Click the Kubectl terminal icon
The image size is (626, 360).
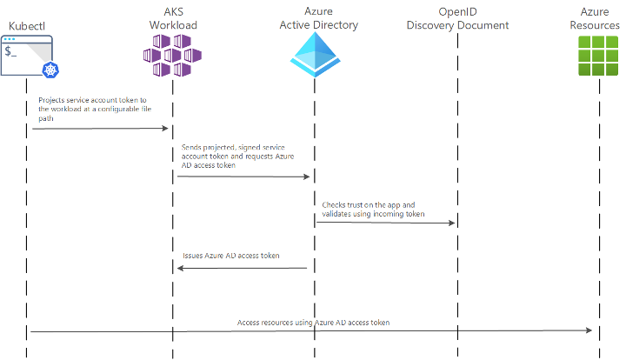tap(27, 56)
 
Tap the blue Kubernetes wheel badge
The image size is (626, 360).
tap(50, 70)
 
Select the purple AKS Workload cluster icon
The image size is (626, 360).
tap(172, 56)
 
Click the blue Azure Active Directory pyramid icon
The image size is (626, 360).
tap(315, 54)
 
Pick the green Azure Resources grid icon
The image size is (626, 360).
tap(598, 56)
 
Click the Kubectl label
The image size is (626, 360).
tap(27, 26)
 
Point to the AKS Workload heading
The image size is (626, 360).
tap(173, 18)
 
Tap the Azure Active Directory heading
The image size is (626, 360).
tap(318, 18)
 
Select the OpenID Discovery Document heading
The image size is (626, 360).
tap(457, 19)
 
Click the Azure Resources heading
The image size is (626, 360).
tap(595, 18)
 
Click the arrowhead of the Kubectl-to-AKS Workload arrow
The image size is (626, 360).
tap(165, 128)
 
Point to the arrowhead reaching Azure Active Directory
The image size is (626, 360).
tap(306, 177)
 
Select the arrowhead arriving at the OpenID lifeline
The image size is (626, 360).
tap(451, 223)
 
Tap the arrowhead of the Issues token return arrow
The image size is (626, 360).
tap(181, 268)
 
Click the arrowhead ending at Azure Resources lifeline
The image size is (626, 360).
tap(589, 330)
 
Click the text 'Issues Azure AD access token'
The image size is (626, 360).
tap(230, 256)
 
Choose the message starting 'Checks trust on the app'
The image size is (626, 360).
tap(373, 210)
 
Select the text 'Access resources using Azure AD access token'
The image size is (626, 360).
tap(313, 323)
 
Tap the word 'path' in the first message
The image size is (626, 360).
tap(46, 118)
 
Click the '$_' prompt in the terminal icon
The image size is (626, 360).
tap(10, 51)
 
